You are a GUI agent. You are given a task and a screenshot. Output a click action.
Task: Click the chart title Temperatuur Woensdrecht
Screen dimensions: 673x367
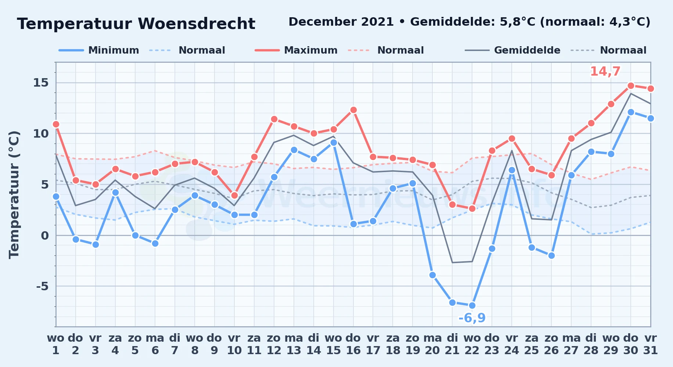[x=136, y=24]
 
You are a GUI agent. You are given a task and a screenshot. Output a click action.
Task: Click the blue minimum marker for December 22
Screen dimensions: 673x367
[x=472, y=305]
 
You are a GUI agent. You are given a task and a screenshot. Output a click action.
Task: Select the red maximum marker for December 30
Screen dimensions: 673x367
[x=631, y=86]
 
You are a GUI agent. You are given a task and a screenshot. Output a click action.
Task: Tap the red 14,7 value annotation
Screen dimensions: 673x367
[x=605, y=71]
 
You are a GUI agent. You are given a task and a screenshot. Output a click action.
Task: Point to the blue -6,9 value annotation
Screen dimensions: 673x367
[x=472, y=318]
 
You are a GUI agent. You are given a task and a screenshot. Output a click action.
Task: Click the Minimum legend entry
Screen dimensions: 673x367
[x=99, y=50]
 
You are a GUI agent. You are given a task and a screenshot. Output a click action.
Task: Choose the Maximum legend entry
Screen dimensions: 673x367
[x=296, y=50]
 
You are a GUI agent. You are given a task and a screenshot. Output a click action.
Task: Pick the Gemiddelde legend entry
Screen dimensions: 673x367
[x=513, y=50]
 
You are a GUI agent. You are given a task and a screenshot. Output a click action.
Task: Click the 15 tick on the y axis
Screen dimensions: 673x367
[x=41, y=83]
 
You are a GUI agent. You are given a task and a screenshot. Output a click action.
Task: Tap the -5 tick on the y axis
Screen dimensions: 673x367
[x=42, y=286]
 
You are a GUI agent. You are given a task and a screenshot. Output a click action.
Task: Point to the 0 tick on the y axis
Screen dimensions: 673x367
[x=45, y=235]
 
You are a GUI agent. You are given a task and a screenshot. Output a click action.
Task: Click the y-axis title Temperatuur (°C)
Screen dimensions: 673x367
[x=14, y=195]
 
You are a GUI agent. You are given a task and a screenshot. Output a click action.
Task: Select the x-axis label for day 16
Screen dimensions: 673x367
[x=353, y=344]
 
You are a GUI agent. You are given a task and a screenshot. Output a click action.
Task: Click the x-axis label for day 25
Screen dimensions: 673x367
[x=532, y=344]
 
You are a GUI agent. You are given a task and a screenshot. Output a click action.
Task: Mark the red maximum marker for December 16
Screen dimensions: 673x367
[x=353, y=110]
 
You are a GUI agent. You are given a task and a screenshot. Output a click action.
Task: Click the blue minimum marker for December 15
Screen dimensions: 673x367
[x=334, y=142]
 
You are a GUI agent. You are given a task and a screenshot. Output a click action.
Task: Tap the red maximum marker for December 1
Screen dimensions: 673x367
[x=56, y=124]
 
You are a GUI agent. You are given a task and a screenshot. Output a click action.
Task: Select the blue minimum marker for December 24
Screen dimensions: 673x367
[x=512, y=170]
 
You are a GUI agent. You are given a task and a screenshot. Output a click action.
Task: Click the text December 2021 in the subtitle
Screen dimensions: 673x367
[x=341, y=22]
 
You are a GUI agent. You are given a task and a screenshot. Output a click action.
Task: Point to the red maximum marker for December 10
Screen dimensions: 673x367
[x=234, y=195]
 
